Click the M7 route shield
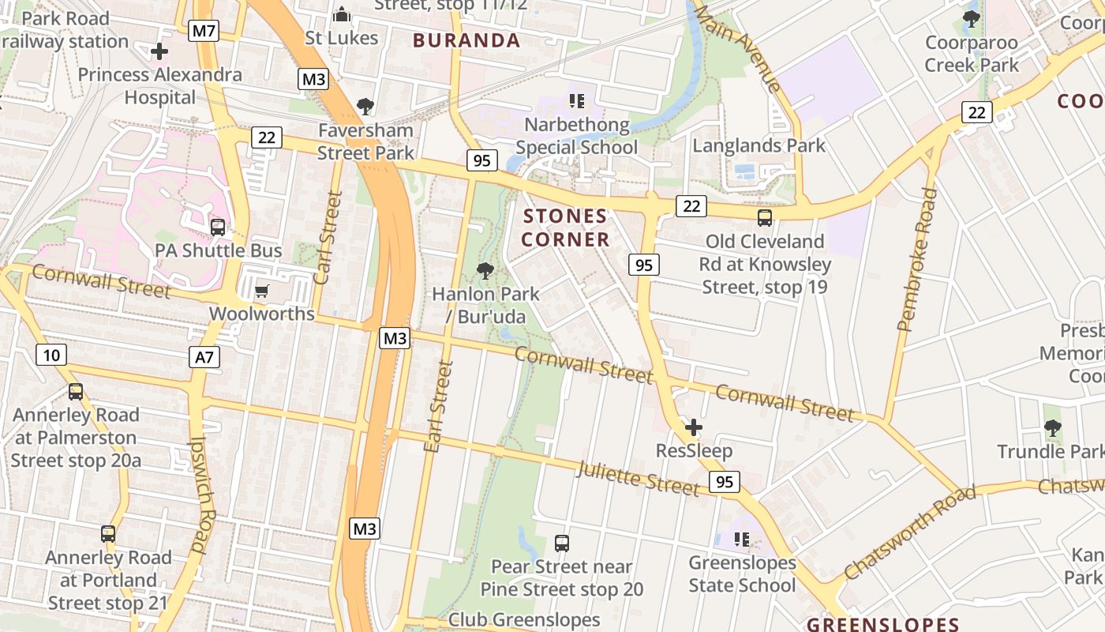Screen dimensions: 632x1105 [x=204, y=31]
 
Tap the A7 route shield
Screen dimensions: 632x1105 [x=204, y=357]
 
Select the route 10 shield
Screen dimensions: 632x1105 [x=51, y=355]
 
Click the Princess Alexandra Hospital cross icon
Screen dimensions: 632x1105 [x=159, y=52]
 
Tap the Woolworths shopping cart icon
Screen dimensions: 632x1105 [x=262, y=291]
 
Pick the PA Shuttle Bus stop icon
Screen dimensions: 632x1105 [x=218, y=228]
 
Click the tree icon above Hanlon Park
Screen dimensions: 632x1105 [x=485, y=271]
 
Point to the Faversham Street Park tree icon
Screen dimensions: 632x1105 [x=365, y=106]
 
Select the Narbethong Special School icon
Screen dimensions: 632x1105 [x=576, y=101]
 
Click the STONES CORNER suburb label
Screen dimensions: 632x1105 [x=566, y=228]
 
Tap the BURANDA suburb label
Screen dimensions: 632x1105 [x=466, y=40]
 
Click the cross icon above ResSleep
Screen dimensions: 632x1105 [x=694, y=428]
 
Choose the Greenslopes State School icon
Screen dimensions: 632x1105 [x=741, y=540]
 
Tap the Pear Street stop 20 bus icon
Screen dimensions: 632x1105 [x=561, y=544]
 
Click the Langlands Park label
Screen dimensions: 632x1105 [x=759, y=145]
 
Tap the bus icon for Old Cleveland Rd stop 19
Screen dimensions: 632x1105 [x=764, y=218]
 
